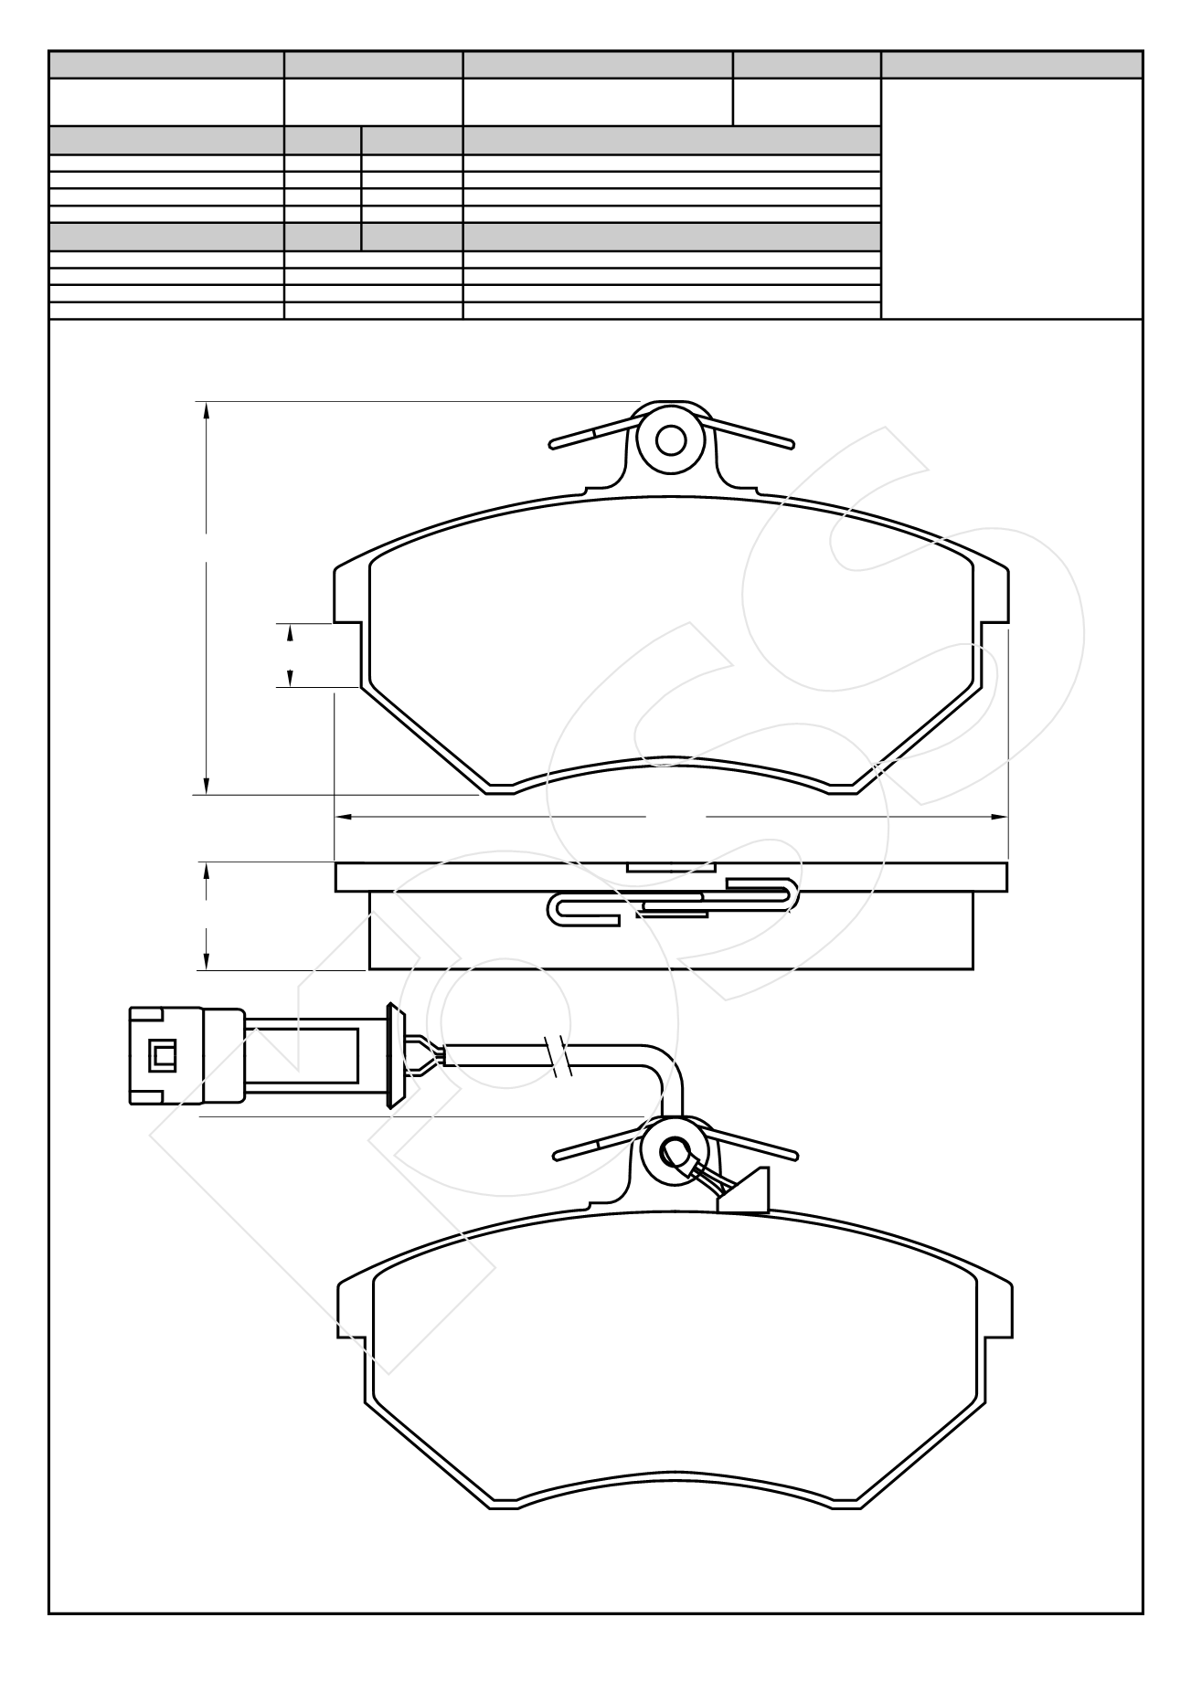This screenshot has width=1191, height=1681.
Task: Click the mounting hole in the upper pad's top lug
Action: tap(672, 440)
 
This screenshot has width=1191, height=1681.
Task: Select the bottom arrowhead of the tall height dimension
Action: tap(207, 786)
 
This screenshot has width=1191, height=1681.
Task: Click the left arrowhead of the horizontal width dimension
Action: tap(346, 816)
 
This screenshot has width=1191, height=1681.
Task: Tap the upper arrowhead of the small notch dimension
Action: tap(290, 632)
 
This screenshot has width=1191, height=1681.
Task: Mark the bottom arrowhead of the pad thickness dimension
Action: tap(207, 960)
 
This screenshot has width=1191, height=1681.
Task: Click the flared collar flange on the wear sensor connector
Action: tap(396, 1056)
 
